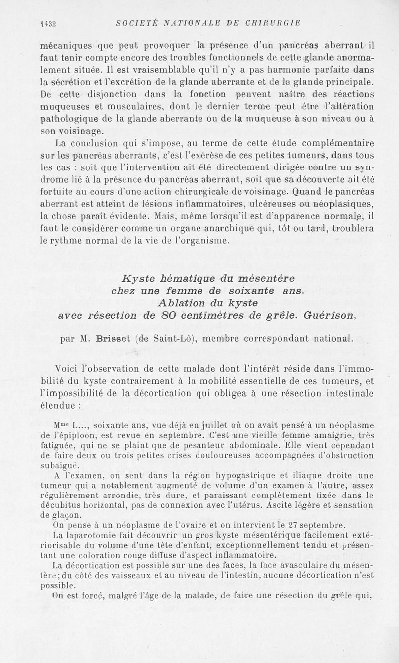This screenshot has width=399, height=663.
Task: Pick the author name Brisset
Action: click(112, 339)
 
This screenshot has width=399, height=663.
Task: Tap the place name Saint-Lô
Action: click(167, 339)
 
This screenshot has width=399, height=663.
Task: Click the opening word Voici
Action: click(69, 369)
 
